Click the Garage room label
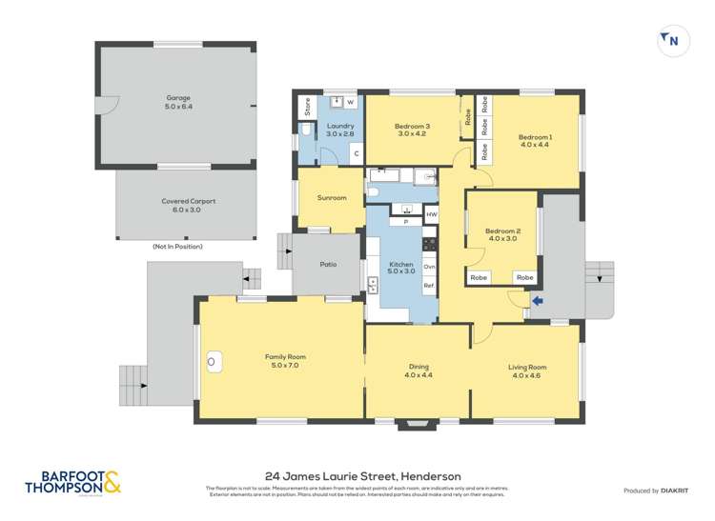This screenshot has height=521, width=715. [x=178, y=97]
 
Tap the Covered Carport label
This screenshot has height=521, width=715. [x=188, y=201]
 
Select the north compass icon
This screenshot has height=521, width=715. [x=671, y=40]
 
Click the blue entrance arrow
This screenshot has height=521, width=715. [x=537, y=302]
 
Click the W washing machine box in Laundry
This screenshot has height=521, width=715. [x=350, y=102]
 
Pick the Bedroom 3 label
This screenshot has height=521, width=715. [x=412, y=127]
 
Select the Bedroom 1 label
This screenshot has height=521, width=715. [x=536, y=137]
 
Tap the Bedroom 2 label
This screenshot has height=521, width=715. [x=502, y=231]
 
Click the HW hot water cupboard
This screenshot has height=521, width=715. [x=431, y=215]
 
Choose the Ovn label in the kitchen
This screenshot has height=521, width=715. [x=429, y=267]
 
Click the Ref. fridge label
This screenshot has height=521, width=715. [x=429, y=286]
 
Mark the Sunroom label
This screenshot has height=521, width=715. [x=331, y=198]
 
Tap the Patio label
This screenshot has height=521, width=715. [x=328, y=264]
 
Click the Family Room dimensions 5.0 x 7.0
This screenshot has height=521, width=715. [x=283, y=366]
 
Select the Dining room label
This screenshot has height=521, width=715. [x=418, y=366]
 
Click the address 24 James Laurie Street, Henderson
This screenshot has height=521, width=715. [x=362, y=476]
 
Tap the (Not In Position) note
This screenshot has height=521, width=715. [x=177, y=247]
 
